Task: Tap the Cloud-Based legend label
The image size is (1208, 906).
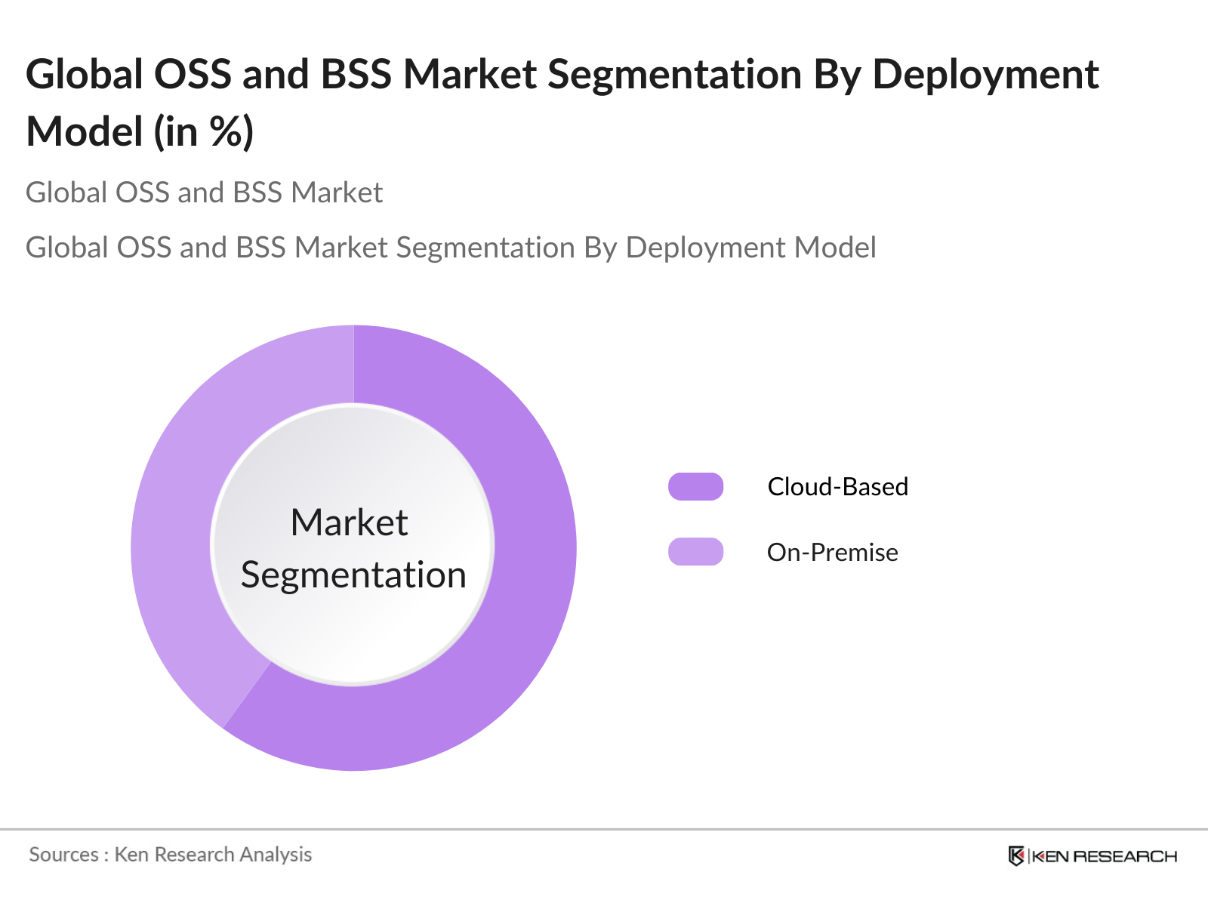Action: click(x=837, y=487)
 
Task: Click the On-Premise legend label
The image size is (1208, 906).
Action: click(x=832, y=553)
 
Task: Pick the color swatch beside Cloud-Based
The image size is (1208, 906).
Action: click(x=695, y=487)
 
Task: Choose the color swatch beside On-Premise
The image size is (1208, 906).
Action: click(x=695, y=552)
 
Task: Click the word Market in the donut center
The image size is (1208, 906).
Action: click(x=349, y=522)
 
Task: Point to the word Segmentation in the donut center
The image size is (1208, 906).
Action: click(x=353, y=575)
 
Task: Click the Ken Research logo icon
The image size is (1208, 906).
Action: click(x=1016, y=856)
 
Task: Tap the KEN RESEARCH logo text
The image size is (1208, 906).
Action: click(x=1104, y=856)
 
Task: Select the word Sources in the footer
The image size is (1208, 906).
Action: click(x=63, y=855)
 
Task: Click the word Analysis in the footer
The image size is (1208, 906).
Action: click(x=276, y=855)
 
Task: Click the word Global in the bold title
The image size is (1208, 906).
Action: click(x=85, y=74)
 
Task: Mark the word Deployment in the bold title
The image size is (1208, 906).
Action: click(x=985, y=74)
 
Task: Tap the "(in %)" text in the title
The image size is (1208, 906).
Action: click(x=204, y=132)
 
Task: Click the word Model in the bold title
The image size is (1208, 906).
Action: click(x=85, y=132)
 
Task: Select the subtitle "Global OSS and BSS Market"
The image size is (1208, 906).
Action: click(x=204, y=193)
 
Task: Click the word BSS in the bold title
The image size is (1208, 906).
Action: click(x=356, y=74)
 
